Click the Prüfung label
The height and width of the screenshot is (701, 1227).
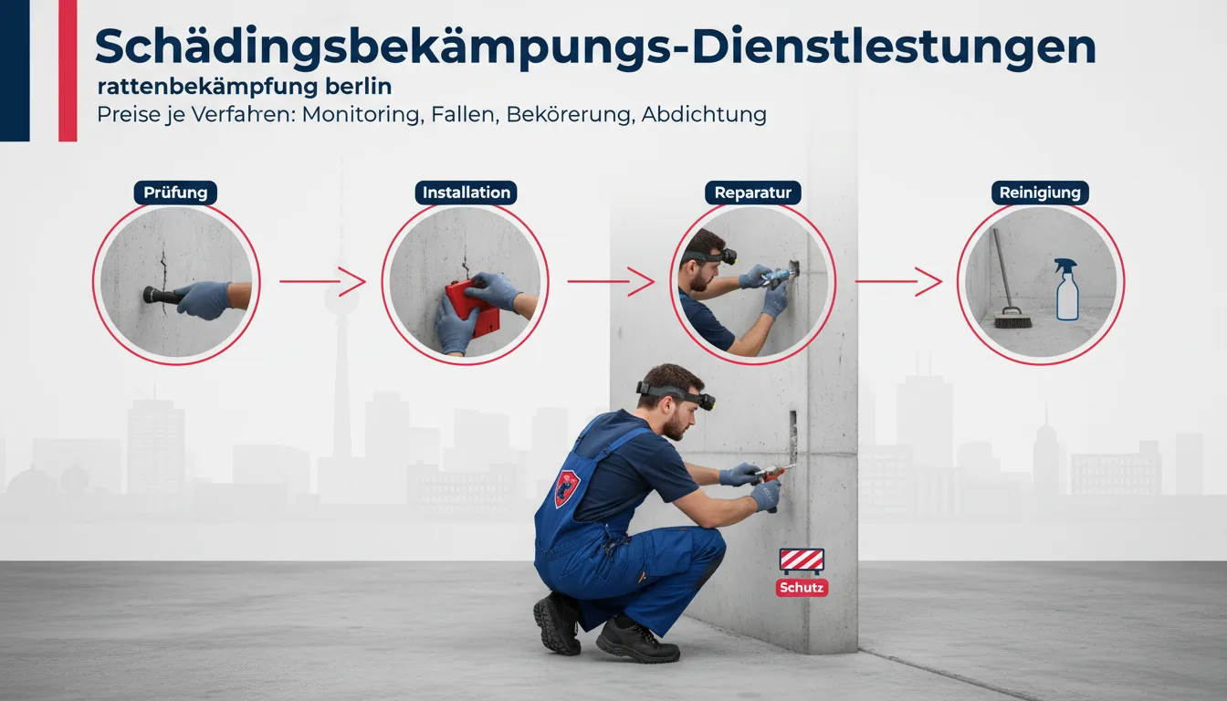point(175,193)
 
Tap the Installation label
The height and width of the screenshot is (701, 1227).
point(467,193)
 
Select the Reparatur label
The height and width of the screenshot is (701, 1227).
point(752,193)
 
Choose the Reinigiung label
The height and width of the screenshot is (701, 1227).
point(1040,193)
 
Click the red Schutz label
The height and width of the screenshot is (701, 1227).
point(802,588)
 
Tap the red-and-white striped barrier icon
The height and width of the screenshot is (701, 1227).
point(802,560)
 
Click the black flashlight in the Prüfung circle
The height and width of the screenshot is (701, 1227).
point(163,296)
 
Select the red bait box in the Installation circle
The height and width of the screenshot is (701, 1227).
point(472,309)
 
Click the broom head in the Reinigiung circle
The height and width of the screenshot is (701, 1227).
point(1012,319)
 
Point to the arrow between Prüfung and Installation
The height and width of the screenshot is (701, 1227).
point(322,281)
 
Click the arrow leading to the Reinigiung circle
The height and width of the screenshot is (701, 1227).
point(898,281)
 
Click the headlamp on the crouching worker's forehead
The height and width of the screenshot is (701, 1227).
point(707,401)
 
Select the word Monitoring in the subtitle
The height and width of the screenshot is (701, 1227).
point(363,114)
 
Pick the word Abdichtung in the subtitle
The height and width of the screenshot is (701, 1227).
point(704,114)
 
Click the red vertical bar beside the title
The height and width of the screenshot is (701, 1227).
point(68,70)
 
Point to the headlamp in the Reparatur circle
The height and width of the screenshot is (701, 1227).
point(729,256)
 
